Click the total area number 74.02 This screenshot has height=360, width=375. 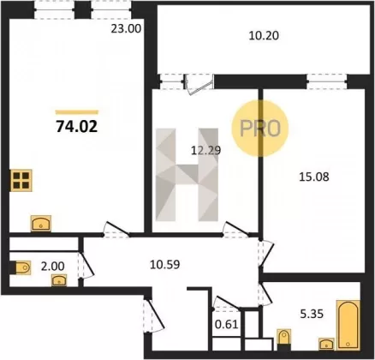tap(77, 126)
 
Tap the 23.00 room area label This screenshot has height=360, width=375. tap(126, 29)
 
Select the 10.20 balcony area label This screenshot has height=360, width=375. tap(264, 36)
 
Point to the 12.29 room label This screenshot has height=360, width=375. tap(205, 150)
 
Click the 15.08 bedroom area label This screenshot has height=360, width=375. tap(314, 177)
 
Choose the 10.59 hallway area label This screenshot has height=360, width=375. tap(164, 265)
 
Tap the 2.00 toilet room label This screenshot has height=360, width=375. tap(52, 267)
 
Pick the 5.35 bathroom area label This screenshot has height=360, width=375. tap(312, 314)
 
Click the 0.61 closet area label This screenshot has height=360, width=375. tap(227, 325)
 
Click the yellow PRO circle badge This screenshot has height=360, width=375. tap(260, 129)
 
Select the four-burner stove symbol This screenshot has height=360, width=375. tap(21, 181)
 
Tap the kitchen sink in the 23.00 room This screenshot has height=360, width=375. tap(41, 223)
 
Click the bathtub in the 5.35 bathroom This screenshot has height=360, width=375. tap(348, 325)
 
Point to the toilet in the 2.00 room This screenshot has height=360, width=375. tap(21, 268)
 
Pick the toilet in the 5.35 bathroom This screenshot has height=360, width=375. tap(283, 338)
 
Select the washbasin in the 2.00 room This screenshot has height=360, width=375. tap(59, 280)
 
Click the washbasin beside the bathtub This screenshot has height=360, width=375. tap(326, 344)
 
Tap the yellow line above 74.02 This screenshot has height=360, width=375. tap(77, 112)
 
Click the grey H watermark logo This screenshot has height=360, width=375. tap(187, 175)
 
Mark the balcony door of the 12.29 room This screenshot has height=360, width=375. tap(199, 84)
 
